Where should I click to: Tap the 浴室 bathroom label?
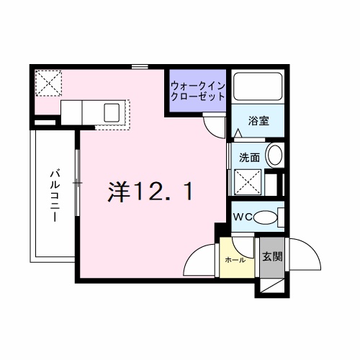point(258,120)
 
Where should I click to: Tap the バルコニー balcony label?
point(55,194)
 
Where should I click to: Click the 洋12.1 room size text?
point(150,191)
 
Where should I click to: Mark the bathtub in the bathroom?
point(258,89)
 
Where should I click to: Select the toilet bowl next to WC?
point(267,216)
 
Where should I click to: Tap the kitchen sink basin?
point(112,112)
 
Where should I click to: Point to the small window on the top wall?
point(140,68)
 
